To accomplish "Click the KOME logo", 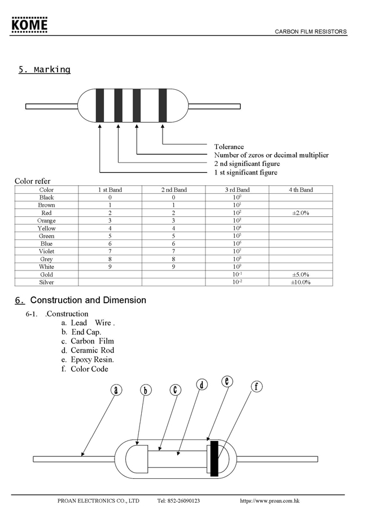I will (30, 25).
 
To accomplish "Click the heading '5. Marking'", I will (45, 70).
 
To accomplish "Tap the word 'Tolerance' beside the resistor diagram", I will (229, 147).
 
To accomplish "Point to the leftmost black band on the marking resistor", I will (99, 105).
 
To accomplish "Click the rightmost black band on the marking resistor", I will (163, 105).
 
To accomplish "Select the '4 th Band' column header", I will (300, 190).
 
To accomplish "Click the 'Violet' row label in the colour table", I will (47, 251).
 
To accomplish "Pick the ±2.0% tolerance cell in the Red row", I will (300, 213).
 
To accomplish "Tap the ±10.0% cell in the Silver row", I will (300, 282).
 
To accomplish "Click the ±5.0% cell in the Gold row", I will (300, 274).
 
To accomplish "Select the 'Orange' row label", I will (47, 221).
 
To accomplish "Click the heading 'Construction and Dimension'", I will (88, 300).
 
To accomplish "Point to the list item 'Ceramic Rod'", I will (92, 351).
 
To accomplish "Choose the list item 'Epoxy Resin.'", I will (92, 360).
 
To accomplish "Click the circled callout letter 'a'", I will (116, 390).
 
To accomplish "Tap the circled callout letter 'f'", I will (257, 387).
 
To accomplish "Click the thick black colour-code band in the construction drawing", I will (214, 459).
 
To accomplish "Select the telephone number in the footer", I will (178, 501).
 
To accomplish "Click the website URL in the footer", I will (269, 501).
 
